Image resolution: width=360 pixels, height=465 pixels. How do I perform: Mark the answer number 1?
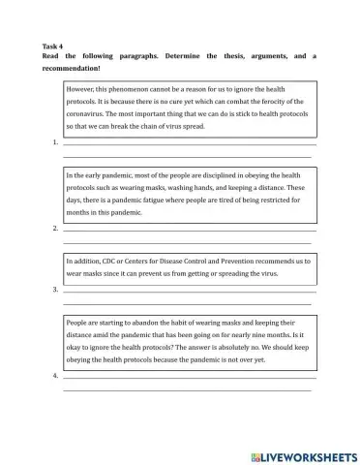point(55,142)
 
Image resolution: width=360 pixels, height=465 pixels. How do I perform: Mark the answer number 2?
point(55,229)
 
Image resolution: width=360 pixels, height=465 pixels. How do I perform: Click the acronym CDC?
point(109,261)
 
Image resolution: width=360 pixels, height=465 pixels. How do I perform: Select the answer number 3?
point(55,289)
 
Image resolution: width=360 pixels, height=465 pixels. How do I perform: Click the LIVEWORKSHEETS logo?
point(303,455)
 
